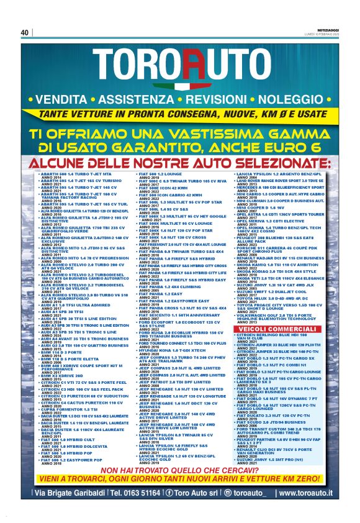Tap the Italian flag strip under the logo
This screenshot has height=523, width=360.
pos(179,87)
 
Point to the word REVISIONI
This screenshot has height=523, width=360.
pos(212,99)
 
